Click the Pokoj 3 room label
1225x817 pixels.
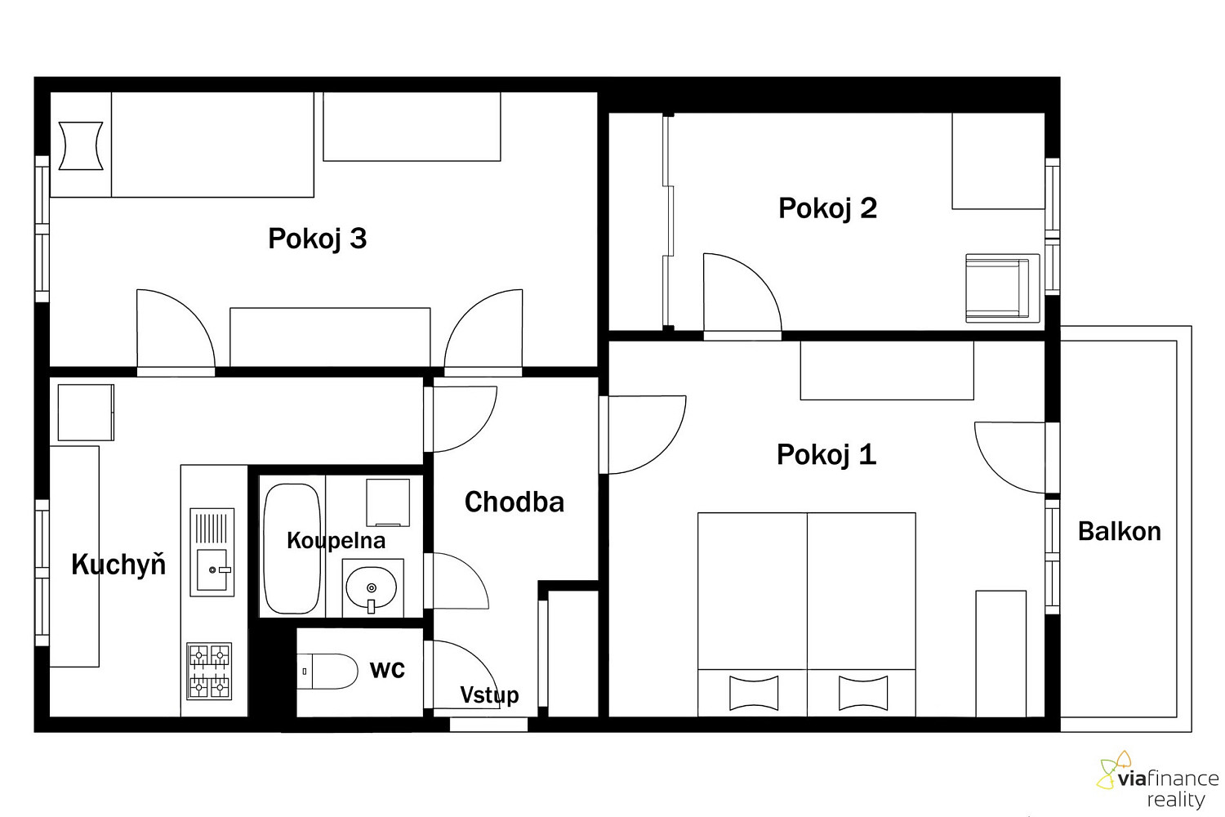pyautogui.click(x=317, y=239)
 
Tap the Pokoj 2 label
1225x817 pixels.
pyautogui.click(x=827, y=208)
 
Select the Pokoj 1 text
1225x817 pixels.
pyautogui.click(x=826, y=455)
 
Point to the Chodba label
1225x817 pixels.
pyautogui.click(x=514, y=502)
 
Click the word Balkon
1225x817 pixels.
pyautogui.click(x=1120, y=531)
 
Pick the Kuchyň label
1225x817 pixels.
pyautogui.click(x=118, y=564)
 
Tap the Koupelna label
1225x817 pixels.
pyautogui.click(x=336, y=541)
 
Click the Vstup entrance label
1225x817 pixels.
pyautogui.click(x=489, y=695)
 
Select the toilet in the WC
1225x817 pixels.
pyautogui.click(x=327, y=671)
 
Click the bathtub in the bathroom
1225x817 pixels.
pyautogui.click(x=292, y=548)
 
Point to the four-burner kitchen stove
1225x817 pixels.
pyautogui.click(x=209, y=672)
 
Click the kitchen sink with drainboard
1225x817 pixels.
pyautogui.click(x=212, y=552)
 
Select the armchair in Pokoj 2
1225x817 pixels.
pyautogui.click(x=1002, y=288)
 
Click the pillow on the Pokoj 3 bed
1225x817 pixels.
pyautogui.click(x=81, y=145)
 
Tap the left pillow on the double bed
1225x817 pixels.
pyautogui.click(x=754, y=693)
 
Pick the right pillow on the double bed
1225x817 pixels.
pyautogui.click(x=863, y=693)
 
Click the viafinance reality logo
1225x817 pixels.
pyautogui.click(x=1158, y=779)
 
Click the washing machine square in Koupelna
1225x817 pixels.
pyautogui.click(x=388, y=502)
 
